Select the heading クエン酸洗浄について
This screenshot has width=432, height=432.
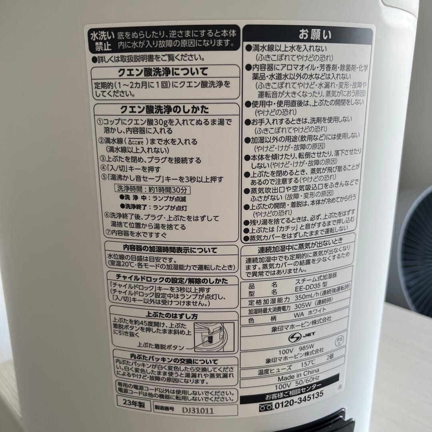coord(162,72)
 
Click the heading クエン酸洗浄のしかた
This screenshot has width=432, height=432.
coord(164,109)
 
